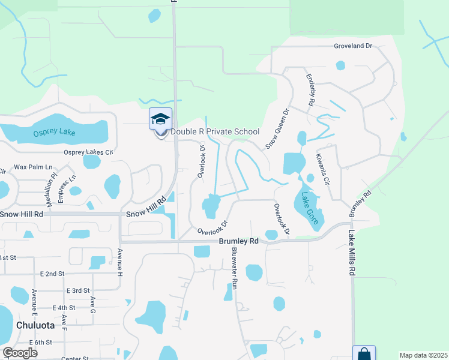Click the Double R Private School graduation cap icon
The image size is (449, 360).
point(160,118)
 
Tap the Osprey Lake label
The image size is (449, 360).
point(55,132)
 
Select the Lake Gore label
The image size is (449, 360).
point(310,208)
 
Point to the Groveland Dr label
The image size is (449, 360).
point(354,46)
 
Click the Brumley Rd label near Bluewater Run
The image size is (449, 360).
point(238,241)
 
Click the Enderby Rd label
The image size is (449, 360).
point(310,90)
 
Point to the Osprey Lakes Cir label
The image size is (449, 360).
point(88,152)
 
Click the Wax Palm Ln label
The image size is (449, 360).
point(34,167)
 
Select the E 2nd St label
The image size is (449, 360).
point(52,274)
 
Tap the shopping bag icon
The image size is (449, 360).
point(364,354)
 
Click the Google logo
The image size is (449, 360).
point(20,353)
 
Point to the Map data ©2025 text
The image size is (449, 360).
point(423,355)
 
